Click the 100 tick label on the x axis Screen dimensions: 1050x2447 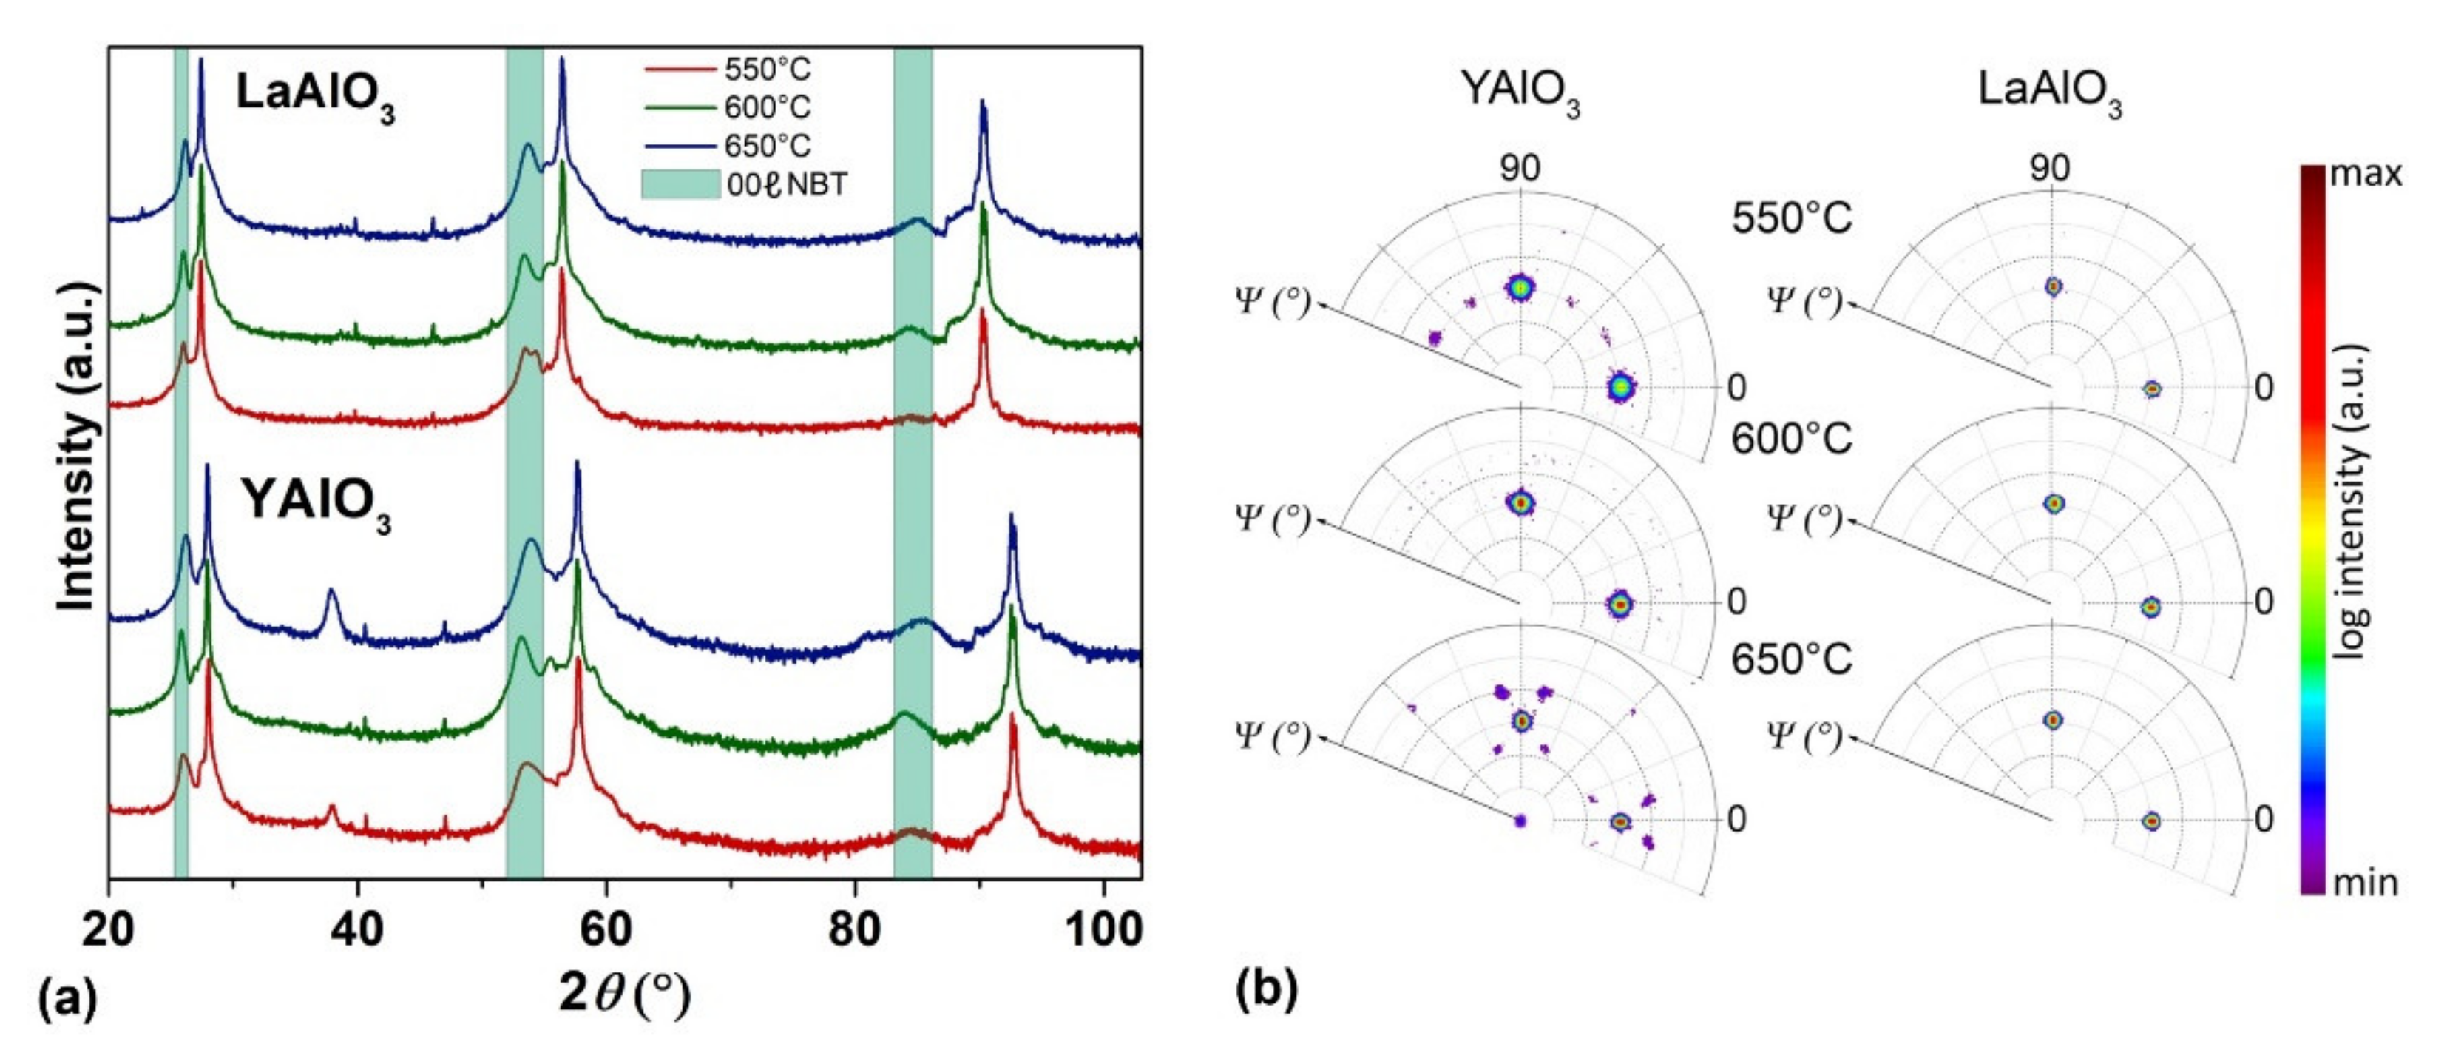coord(1102,929)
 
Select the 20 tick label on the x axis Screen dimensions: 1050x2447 coord(109,929)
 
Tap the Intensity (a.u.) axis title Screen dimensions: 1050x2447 coord(78,447)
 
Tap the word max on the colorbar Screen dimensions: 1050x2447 coord(2366,175)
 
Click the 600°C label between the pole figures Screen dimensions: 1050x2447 coord(1790,439)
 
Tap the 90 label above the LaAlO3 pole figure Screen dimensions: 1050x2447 coord(2050,168)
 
